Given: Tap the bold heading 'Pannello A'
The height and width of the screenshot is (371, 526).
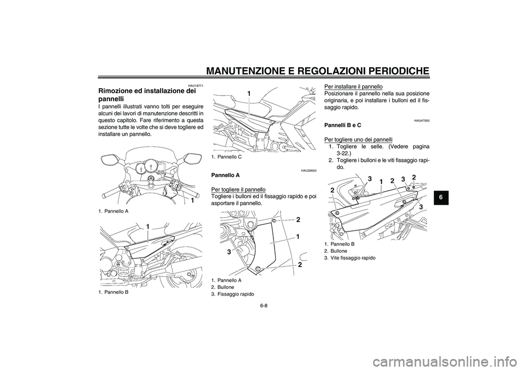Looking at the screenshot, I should [225, 175].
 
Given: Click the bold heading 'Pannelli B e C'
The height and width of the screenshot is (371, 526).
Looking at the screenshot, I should [343, 125].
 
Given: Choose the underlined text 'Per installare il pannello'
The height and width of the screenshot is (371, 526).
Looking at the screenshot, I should [353, 86].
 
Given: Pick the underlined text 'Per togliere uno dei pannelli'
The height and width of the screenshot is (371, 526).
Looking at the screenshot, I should [358, 139].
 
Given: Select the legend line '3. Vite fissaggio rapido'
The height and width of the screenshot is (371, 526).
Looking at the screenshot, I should [350, 257].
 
